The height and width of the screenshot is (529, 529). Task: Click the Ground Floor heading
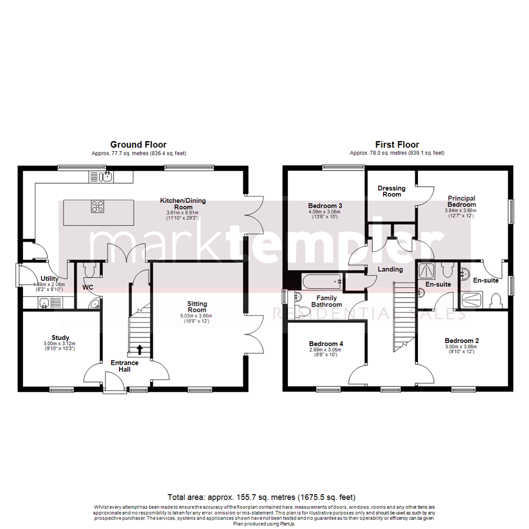point(138,144)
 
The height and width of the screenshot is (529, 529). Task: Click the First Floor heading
point(397,144)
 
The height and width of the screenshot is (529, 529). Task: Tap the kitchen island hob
point(97,206)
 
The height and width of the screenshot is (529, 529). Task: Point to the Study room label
point(60,337)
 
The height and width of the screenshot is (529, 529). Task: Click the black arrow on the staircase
point(140,349)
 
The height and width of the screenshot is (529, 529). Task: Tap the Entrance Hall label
point(124,366)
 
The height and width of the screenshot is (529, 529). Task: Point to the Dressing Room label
point(392,191)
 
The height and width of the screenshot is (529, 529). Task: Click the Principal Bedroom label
point(461,201)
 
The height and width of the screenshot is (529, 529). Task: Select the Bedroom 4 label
point(326,344)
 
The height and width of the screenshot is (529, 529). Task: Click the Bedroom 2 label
point(461,341)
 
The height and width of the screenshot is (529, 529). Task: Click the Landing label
point(390,269)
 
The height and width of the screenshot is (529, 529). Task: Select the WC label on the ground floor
point(88,287)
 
